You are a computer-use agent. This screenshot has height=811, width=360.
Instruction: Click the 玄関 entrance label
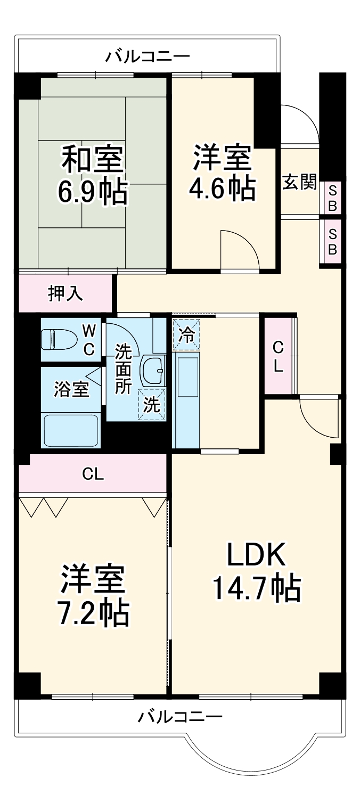point(299,182)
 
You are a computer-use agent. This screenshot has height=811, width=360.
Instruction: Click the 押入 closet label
point(66,293)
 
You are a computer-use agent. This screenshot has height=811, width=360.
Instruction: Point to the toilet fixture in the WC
point(55,339)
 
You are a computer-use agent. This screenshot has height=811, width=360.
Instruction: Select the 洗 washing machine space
point(152,405)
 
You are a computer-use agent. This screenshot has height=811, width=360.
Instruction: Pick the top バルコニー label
point(147,55)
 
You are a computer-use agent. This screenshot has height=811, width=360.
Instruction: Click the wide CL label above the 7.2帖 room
point(93,473)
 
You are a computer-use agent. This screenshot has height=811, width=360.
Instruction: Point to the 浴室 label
point(71,389)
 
